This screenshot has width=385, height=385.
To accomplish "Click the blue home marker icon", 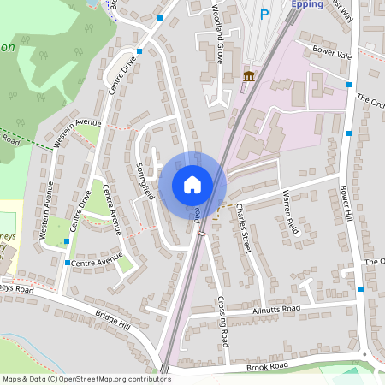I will [192, 185].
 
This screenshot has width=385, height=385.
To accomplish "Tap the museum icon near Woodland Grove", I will [249, 78].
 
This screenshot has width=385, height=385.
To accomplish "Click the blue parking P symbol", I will [264, 14].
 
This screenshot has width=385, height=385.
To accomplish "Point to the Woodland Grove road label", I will [216, 34].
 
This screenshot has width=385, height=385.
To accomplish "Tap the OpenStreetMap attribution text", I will [86, 378].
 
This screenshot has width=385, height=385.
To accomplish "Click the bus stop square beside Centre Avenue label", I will [67, 263].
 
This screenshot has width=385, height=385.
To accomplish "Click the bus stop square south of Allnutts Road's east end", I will [361, 289].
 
